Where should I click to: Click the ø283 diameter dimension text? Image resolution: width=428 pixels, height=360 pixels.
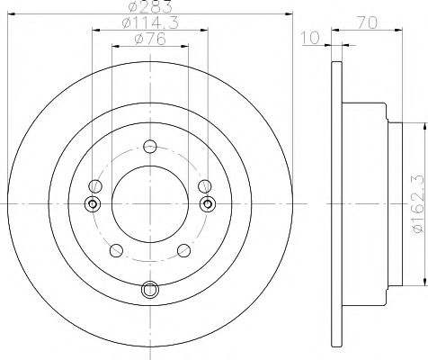click(149, 7)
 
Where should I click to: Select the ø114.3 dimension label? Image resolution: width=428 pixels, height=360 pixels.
click(149, 23)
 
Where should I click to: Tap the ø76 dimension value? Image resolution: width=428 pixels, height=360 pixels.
click(149, 39)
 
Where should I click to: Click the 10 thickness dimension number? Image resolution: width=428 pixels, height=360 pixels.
click(311, 39)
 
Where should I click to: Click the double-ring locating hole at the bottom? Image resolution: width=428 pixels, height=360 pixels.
click(149, 289)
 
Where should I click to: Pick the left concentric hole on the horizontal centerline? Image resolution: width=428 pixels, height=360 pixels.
click(92, 203)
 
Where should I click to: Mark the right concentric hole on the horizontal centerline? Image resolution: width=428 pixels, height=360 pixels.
click(208, 203)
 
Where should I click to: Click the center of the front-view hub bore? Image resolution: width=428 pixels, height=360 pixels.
click(149, 203)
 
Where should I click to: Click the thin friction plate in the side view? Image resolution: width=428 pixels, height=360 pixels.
click(336, 203)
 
